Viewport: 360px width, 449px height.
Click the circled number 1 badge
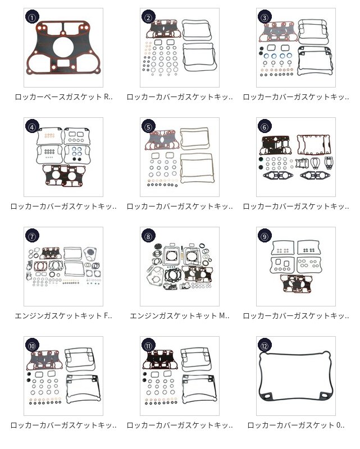(x=31, y=17)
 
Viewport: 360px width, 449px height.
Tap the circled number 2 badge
(x=148, y=17)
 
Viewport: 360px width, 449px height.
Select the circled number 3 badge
(x=265, y=17)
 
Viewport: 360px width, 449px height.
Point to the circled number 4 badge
(x=31, y=127)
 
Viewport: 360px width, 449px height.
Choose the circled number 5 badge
(x=148, y=127)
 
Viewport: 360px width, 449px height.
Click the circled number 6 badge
(x=265, y=127)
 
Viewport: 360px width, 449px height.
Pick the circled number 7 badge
(x=31, y=236)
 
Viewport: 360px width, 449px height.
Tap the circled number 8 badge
(x=148, y=236)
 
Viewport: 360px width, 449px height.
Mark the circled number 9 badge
(x=265, y=236)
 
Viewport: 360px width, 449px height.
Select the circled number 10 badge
(x=31, y=346)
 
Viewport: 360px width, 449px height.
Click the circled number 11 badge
(x=148, y=346)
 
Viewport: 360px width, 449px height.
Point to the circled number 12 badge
(x=265, y=346)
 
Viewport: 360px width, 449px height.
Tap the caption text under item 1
(x=63, y=97)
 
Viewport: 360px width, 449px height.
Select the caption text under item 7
(x=63, y=316)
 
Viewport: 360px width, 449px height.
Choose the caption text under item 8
(x=180, y=316)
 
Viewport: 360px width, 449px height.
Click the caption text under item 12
(x=296, y=425)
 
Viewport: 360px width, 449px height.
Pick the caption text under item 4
(x=63, y=207)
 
